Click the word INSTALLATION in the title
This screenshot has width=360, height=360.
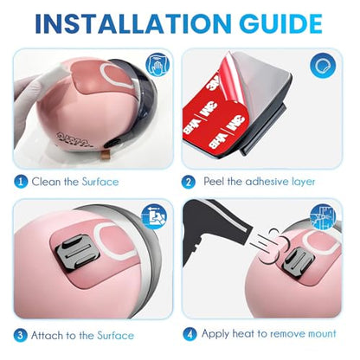(x=133, y=23)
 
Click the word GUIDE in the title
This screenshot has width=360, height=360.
(x=280, y=23)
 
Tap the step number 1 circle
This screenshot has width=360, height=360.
(x=21, y=182)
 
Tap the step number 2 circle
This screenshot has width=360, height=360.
(x=189, y=182)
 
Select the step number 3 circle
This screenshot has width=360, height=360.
(x=21, y=336)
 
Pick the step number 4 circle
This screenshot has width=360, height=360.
(x=190, y=334)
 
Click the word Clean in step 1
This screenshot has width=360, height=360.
(x=46, y=182)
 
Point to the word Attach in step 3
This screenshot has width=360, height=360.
(x=48, y=336)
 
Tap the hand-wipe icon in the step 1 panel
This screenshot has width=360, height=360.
(x=157, y=65)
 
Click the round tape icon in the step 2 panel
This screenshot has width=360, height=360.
(x=323, y=66)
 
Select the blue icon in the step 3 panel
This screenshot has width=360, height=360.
(x=154, y=216)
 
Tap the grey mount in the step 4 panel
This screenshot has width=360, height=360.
(x=298, y=262)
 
